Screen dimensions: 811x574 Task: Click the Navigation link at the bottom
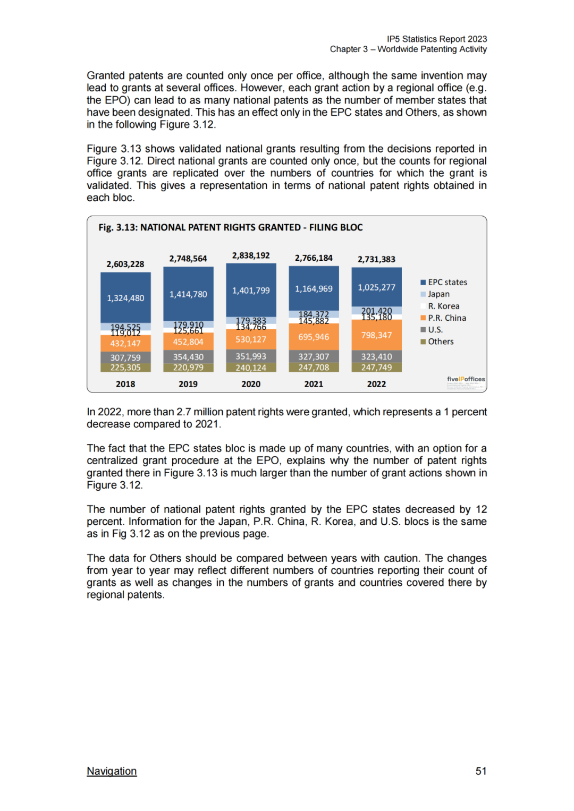pos(112,771)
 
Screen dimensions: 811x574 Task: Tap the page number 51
pos(481,771)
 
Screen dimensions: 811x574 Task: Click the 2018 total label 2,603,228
pos(125,264)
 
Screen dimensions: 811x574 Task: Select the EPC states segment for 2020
pos(251,290)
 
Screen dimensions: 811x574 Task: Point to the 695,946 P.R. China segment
pos(314,337)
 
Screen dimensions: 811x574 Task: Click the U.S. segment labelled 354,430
pos(188,357)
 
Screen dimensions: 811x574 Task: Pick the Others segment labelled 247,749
pos(376,367)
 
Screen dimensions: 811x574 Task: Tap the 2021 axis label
pos(314,384)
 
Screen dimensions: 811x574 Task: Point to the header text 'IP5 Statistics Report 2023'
pos(437,39)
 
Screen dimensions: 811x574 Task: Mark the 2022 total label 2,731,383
pos(376,259)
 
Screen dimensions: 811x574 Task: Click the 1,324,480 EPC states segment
pos(125,298)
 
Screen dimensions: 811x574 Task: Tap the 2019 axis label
pos(188,384)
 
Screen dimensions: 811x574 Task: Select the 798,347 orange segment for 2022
pos(376,335)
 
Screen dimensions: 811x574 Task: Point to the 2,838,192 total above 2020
pos(251,255)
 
